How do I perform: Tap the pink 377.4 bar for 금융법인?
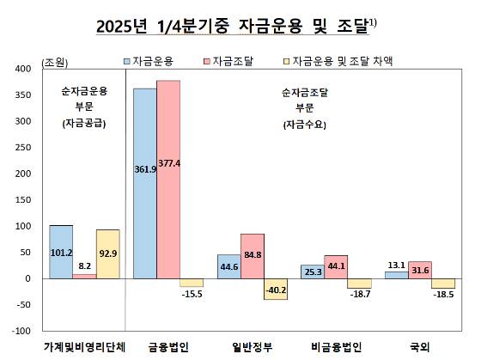(168, 180)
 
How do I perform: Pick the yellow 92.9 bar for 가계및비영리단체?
(107, 254)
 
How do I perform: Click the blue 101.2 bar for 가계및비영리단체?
(61, 252)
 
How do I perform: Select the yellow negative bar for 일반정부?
(276, 289)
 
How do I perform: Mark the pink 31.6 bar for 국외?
(419, 270)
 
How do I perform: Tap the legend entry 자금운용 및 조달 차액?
(332, 62)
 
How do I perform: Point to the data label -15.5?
(192, 296)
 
